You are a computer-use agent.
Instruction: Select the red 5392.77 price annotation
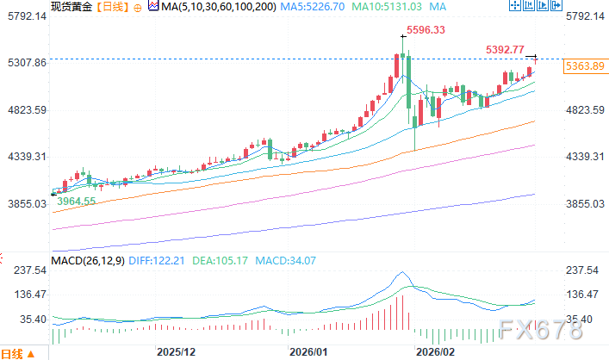click(506, 50)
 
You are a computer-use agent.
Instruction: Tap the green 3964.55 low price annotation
click(77, 201)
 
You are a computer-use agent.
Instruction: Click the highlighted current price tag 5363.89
click(585, 65)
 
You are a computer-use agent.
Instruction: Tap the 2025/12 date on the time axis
click(177, 352)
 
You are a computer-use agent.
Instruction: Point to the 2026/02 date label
click(435, 352)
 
